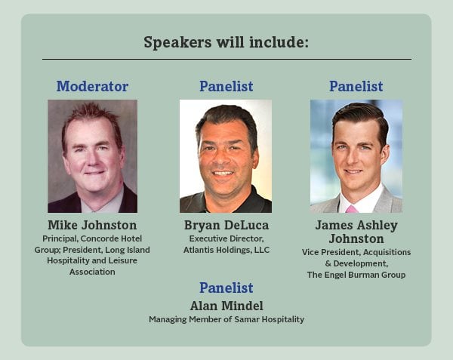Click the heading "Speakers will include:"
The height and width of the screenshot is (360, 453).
point(226,42)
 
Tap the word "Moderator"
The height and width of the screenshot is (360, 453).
point(92,86)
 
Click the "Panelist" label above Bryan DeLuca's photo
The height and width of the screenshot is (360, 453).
point(226,86)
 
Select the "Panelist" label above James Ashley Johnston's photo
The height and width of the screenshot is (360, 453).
point(356,86)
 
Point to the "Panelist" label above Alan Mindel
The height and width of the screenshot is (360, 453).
point(226,288)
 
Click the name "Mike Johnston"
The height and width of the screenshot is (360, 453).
point(92,225)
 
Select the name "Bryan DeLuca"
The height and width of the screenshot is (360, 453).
point(226,225)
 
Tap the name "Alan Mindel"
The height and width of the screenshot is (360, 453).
point(226,305)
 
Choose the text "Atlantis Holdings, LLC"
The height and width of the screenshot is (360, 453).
point(226,250)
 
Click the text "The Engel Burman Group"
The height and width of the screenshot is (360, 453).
point(356,275)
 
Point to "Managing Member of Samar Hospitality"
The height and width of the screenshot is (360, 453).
point(226,319)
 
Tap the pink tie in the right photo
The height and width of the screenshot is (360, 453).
point(352,208)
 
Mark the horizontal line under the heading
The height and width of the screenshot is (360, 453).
point(226,59)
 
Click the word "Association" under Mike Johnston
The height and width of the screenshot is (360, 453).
point(92,272)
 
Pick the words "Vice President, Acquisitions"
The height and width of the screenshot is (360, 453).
point(356,251)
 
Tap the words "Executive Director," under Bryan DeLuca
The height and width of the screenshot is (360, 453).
point(226,238)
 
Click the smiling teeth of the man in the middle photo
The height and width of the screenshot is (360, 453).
point(224,174)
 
